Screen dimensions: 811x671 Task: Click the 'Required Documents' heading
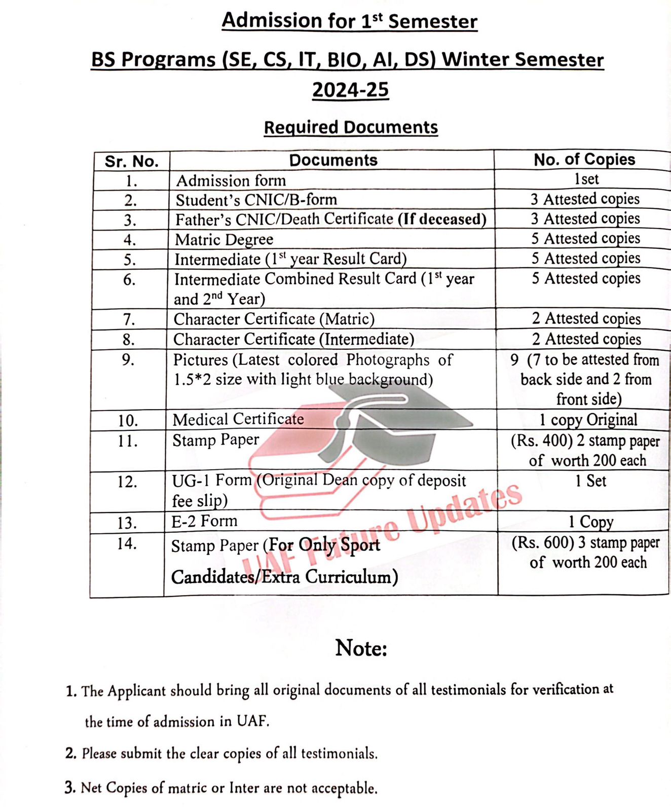pyautogui.click(x=351, y=127)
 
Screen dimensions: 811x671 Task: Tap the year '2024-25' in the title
pyautogui.click(x=350, y=90)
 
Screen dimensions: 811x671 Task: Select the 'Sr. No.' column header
pyautogui.click(x=132, y=161)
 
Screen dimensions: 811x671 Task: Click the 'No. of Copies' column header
pyautogui.click(x=584, y=159)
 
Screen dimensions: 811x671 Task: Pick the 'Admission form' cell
pyautogui.click(x=231, y=180)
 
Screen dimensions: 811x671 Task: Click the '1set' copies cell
pyautogui.click(x=586, y=179)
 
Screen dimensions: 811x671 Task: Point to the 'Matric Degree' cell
pyautogui.click(x=224, y=239)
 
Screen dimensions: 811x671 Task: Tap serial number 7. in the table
pyautogui.click(x=129, y=319)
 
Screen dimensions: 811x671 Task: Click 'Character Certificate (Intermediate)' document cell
pyautogui.click(x=293, y=339)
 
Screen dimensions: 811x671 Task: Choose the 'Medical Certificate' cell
pyautogui.click(x=238, y=419)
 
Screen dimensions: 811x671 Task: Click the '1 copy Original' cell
pyautogui.click(x=588, y=420)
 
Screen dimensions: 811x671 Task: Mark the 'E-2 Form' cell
pyautogui.click(x=204, y=521)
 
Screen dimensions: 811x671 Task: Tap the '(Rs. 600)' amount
pyautogui.click(x=542, y=543)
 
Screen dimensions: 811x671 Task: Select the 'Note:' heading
pyautogui.click(x=361, y=648)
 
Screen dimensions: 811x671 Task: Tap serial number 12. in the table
pyautogui.click(x=127, y=482)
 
